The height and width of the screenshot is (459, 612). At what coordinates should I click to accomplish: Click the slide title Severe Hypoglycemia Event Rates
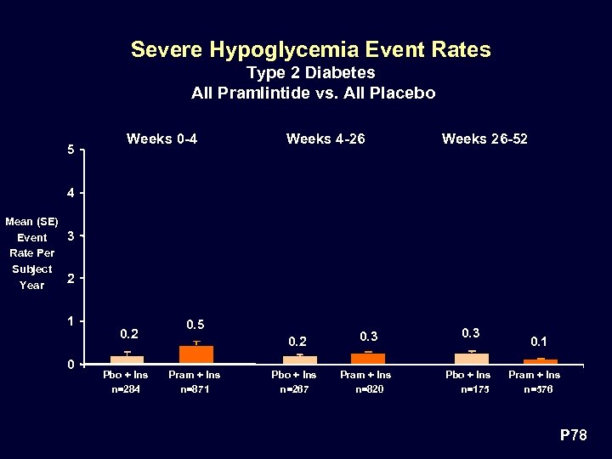click(310, 50)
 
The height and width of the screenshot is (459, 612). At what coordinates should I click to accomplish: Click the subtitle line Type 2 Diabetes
click(310, 73)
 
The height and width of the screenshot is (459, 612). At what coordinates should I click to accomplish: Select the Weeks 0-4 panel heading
click(161, 139)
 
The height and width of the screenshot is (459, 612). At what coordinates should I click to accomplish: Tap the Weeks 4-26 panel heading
click(326, 139)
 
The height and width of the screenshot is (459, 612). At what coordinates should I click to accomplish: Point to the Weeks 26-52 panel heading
click(484, 139)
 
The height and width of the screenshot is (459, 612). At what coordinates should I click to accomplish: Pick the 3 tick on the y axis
click(71, 235)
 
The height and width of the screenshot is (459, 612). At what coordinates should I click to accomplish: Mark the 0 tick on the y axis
click(71, 365)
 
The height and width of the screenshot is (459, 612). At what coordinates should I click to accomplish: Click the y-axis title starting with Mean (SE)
click(32, 253)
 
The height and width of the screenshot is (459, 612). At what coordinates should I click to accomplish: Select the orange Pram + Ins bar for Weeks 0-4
click(196, 354)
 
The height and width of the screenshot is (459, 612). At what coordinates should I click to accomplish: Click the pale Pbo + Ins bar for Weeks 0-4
click(127, 360)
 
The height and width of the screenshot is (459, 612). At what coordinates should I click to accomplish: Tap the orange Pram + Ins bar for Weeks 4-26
click(368, 358)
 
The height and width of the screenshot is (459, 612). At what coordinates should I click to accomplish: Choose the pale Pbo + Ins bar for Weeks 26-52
click(472, 358)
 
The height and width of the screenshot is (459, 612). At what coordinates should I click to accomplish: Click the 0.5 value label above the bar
click(195, 325)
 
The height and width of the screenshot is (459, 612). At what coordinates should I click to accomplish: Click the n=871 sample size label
click(195, 390)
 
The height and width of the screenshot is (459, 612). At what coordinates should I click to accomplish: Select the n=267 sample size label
click(294, 390)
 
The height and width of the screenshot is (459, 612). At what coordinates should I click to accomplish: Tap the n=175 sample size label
click(469, 390)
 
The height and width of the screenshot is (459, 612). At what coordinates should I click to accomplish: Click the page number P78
click(573, 436)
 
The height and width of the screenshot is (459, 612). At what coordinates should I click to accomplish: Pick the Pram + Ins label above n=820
click(365, 375)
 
